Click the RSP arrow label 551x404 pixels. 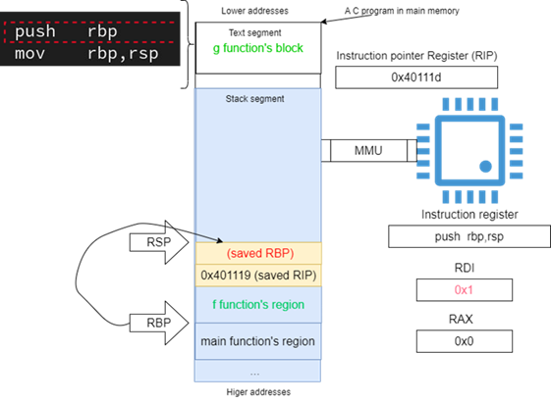point(159,242)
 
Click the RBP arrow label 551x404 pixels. point(159,323)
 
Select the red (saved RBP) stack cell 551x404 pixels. point(258,253)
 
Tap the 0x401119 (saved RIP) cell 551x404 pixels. point(258,276)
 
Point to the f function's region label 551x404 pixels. point(258,304)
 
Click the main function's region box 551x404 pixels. point(258,341)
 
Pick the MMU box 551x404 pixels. point(368,151)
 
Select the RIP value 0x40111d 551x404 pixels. point(416,77)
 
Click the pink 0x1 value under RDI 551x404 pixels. point(464,290)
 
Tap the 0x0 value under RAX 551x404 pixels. point(464,341)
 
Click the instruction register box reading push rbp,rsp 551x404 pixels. point(469,236)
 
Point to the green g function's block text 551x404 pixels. point(258,48)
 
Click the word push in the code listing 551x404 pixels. point(35,31)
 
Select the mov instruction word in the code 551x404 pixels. point(29,54)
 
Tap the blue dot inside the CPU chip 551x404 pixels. point(485,167)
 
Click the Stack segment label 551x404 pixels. point(254,99)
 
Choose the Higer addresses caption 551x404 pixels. point(258,392)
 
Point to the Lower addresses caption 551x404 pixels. point(254,11)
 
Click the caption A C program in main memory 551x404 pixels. point(402,11)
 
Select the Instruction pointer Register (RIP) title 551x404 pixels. point(416,56)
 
